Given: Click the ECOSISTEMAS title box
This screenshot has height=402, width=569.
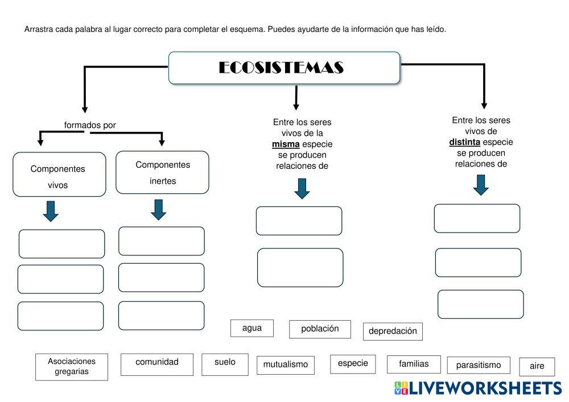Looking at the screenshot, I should (284, 68).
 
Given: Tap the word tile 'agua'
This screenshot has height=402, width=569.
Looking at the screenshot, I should (251, 328).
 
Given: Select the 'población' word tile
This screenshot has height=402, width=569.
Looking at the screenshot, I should (320, 329).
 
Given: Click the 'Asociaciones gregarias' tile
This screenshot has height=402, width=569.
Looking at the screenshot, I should (72, 367).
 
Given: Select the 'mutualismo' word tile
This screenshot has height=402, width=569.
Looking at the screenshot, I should (285, 365).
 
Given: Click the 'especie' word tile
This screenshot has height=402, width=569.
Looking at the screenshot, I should (353, 364).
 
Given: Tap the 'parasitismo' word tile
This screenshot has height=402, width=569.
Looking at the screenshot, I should (479, 365).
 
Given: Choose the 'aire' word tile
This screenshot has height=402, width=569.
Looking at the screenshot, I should (537, 367).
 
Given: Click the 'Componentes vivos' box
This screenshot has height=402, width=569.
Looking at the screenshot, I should (59, 175).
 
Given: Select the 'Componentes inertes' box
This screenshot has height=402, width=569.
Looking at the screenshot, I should (162, 172).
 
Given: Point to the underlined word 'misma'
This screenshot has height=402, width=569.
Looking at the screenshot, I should (286, 144).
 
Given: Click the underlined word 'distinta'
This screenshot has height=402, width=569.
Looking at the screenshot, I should (464, 142).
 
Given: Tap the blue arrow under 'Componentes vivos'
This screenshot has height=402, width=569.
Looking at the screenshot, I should (51, 211).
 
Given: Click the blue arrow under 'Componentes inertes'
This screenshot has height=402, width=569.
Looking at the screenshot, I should (159, 209).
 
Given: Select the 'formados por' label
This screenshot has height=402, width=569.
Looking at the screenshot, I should (90, 125).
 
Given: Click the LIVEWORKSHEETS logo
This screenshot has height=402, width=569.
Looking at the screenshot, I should (477, 388).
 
